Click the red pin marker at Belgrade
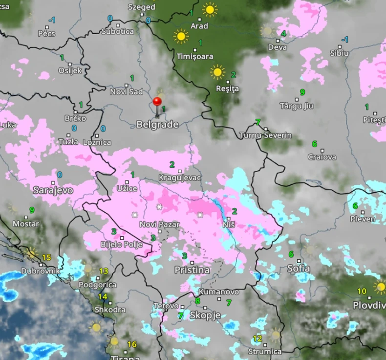(x=157, y=102)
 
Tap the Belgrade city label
(x=157, y=125)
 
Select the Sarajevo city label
(x=53, y=190)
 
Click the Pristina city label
(x=192, y=270)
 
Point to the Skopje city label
(x=205, y=315)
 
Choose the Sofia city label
(x=298, y=269)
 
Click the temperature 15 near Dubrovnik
(x=46, y=257)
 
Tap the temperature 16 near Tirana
(x=132, y=344)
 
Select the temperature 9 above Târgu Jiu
(x=302, y=92)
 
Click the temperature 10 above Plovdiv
(x=362, y=292)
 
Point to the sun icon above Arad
(x=210, y=9)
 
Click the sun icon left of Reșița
(x=217, y=72)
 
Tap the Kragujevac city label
(x=180, y=178)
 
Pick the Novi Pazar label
(x=160, y=225)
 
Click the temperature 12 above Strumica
(x=257, y=338)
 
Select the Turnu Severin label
(x=265, y=135)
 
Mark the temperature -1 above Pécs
(x=51, y=20)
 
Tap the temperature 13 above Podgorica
(x=104, y=271)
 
